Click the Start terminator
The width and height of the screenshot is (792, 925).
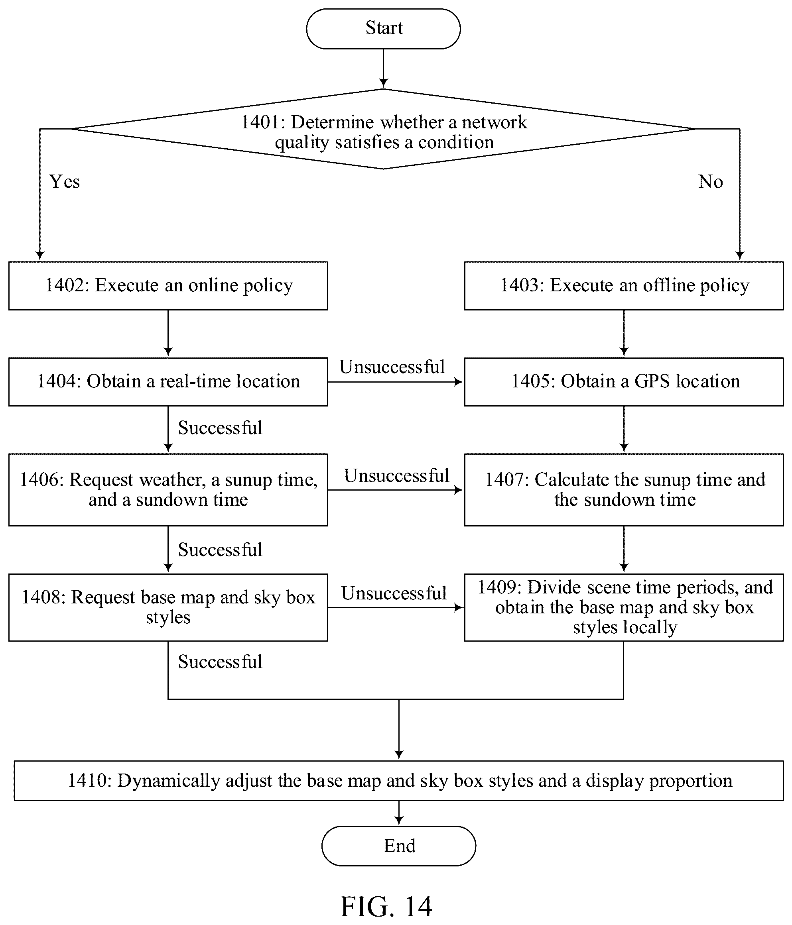coord(383,29)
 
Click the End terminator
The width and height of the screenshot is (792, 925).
coord(398,846)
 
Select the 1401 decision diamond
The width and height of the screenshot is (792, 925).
coord(383,129)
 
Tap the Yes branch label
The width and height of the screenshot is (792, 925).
coord(65,182)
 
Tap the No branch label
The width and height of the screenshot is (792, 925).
coord(711,182)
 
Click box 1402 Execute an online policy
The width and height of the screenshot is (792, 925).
coord(168,286)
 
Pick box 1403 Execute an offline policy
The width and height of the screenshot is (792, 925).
coord(624,286)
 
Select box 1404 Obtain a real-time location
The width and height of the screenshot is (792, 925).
coord(168,382)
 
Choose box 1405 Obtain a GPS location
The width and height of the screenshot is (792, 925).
coord(624,382)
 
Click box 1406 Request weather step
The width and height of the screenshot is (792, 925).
coord(168,490)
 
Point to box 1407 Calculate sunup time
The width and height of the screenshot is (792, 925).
coord(624,490)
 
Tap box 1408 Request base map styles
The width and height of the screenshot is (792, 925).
coord(168,608)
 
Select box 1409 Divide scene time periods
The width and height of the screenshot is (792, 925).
coord(624,608)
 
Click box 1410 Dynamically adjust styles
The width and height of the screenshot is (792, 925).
coord(399,781)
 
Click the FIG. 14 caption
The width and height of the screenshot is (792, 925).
coord(386,906)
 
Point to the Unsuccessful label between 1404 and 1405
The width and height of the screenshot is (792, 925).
coord(392,367)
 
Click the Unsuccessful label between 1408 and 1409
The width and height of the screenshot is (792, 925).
coord(394,593)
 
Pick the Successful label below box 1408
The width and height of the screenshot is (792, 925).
coord(220,662)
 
